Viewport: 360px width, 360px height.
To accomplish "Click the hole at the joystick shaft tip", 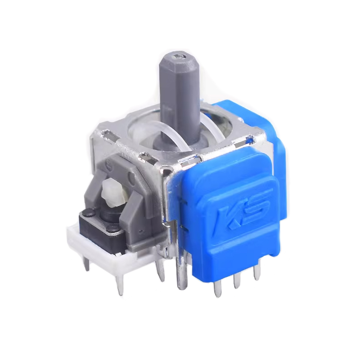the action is coord(179,56).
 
